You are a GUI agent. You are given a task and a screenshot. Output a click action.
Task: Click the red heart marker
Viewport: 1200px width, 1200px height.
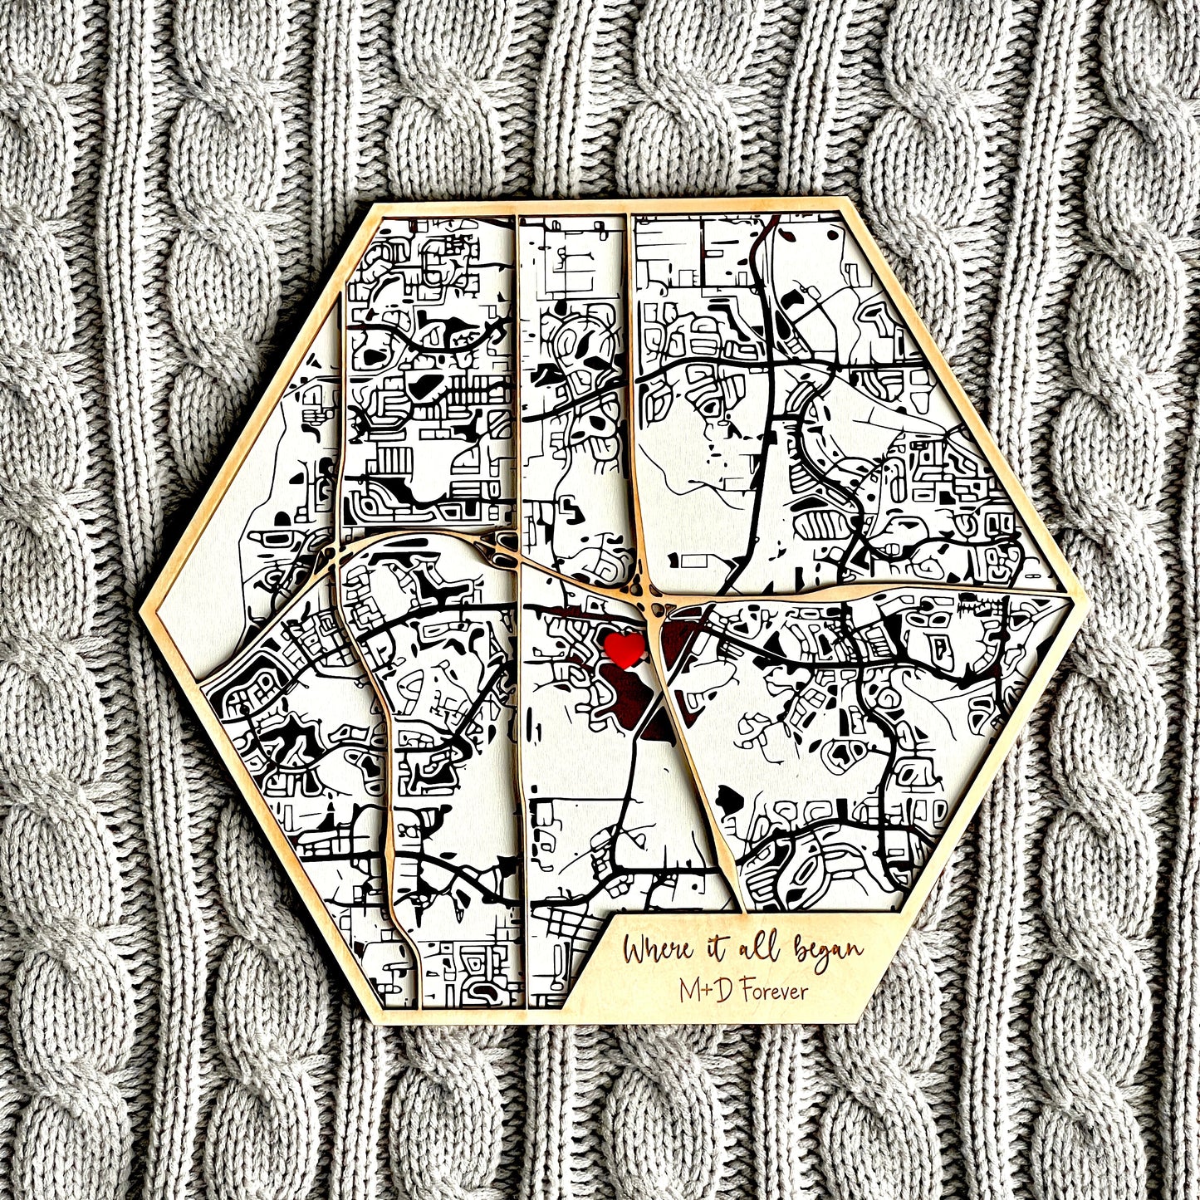[x=624, y=648]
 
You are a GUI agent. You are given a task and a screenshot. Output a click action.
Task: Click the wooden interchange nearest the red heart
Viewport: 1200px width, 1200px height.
[x=647, y=599]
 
